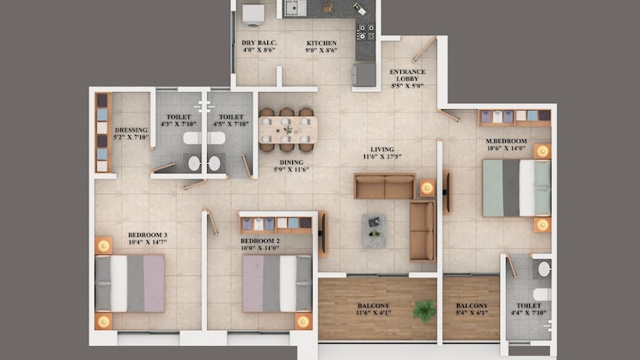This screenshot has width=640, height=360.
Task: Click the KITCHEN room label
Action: pos(321,43)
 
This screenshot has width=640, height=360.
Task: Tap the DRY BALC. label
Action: pos(259,42)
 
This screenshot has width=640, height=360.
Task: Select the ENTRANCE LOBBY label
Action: pos(407,75)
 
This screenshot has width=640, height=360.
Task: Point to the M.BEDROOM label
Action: pos(506,141)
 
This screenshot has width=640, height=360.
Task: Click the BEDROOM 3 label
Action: pos(148,235)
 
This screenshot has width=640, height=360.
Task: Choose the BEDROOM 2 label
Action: pos(260,241)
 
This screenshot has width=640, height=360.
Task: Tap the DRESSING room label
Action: pos(131,130)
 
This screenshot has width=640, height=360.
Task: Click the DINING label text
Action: pos(291,162)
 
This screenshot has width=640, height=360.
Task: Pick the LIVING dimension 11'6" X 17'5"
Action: pos(382,156)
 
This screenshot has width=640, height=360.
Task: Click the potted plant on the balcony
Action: pos(424,310)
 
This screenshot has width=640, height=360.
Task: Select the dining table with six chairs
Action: pos(288,130)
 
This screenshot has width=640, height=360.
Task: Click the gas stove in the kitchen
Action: pos(366,33)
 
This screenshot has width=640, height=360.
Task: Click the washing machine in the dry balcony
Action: pos(253,15)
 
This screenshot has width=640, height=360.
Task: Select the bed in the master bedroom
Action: pos(517,188)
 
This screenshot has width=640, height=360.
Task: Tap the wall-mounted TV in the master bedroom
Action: pos(448,192)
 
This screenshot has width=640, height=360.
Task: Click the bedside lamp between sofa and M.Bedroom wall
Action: pos(427,188)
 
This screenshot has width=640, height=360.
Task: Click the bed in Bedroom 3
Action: pos(130,284)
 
